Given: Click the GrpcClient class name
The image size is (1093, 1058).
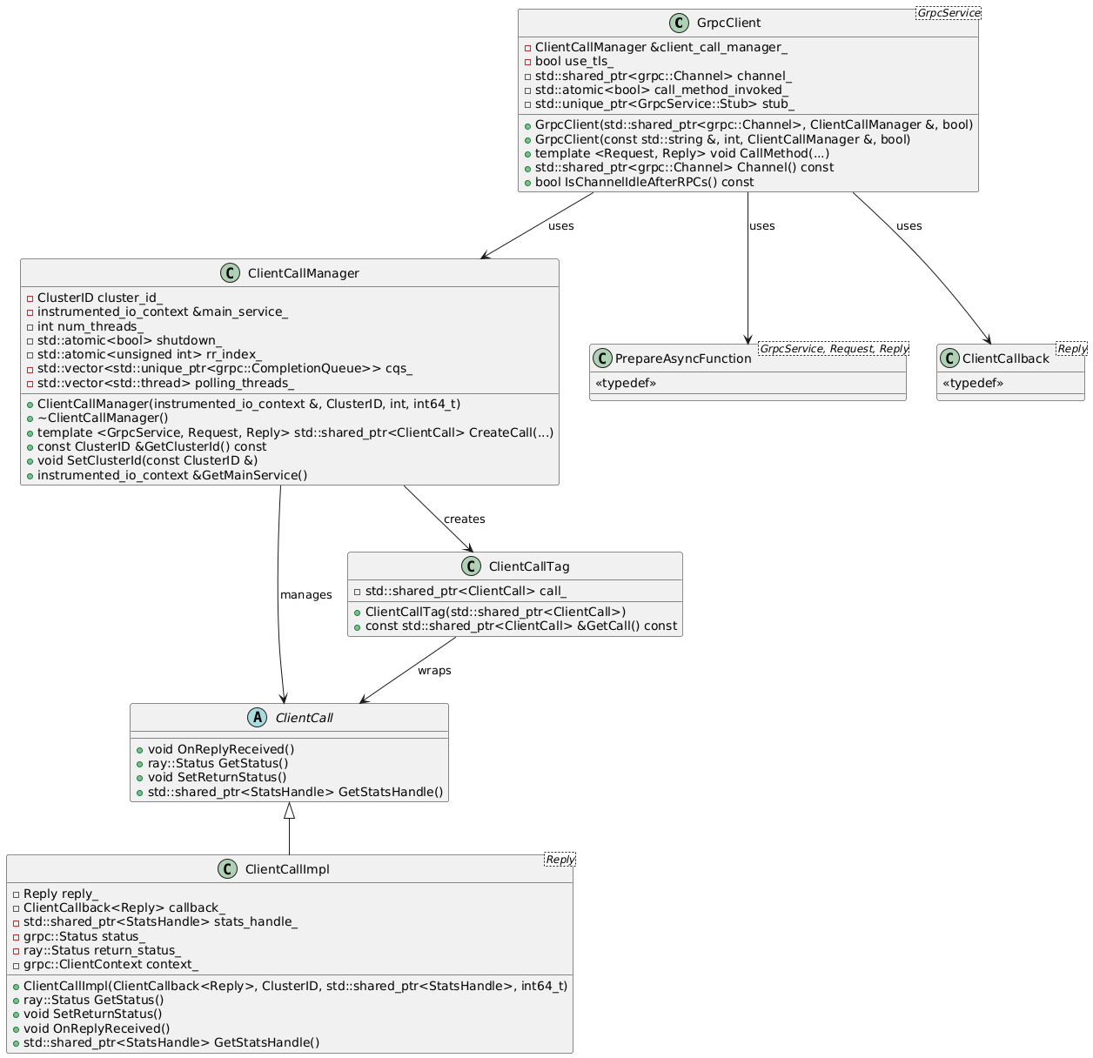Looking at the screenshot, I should (729, 23).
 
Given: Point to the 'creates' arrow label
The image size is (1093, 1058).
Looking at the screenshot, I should (464, 519).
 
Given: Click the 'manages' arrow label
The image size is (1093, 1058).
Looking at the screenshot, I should (305, 595).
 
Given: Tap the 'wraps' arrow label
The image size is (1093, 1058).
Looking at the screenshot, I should (434, 671).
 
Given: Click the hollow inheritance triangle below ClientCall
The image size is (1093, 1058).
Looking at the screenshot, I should (290, 811).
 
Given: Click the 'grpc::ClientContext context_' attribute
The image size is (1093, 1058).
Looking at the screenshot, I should (111, 964).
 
